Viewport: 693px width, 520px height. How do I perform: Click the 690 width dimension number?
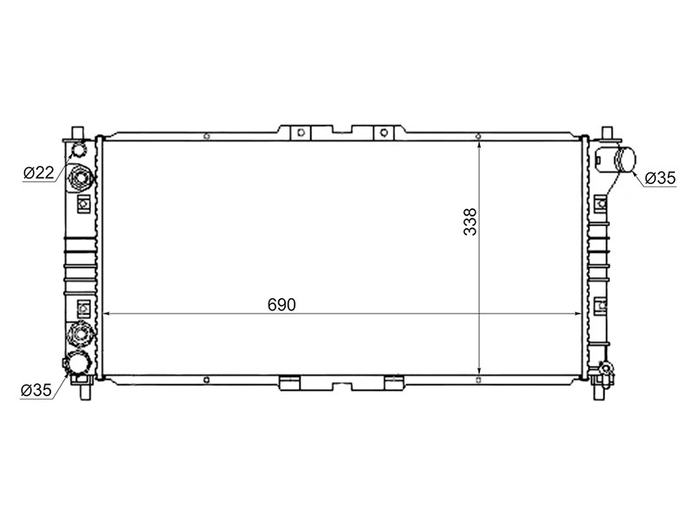point(282,305)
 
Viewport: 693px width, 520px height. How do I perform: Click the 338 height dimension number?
point(470,222)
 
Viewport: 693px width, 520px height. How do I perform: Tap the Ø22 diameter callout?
point(39,172)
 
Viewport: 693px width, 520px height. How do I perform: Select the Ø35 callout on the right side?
point(660,178)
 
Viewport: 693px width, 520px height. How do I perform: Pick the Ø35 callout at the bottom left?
point(36,390)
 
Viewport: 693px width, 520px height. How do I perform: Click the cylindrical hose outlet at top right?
point(625,159)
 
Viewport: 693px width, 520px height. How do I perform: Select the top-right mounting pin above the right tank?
point(608,133)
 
